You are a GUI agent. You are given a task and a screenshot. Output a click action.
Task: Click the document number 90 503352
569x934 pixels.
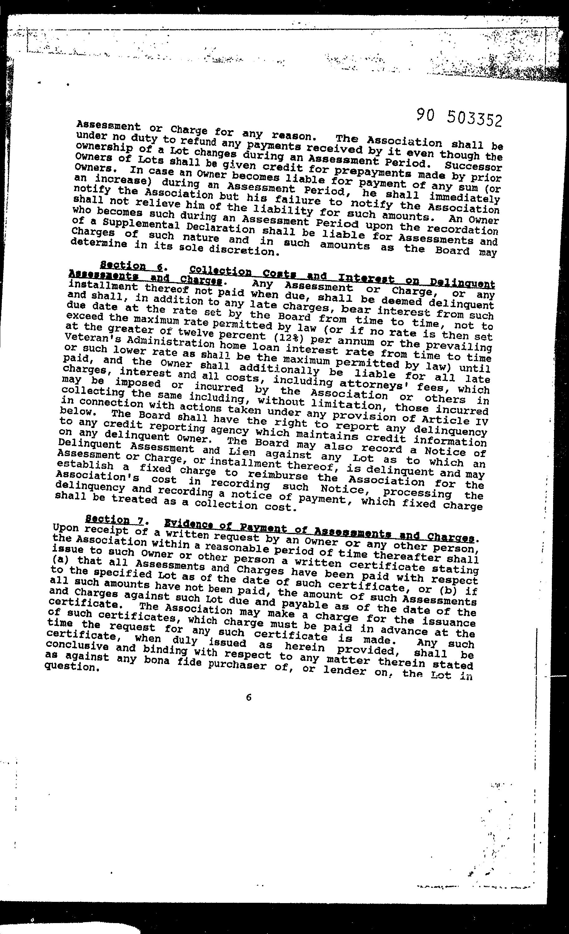(459, 117)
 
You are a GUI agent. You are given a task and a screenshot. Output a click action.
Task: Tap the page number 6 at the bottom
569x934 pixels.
(249, 697)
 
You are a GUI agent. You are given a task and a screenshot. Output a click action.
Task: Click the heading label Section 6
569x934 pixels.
(131, 266)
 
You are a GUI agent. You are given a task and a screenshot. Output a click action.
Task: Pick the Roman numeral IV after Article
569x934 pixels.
(480, 421)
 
